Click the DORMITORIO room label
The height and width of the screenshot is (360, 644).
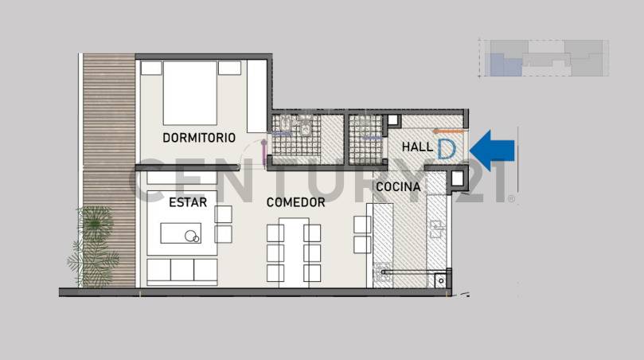pyautogui.click(x=199, y=137)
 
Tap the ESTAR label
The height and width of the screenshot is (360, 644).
pyautogui.click(x=188, y=202)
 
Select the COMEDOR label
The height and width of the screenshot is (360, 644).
pyautogui.click(x=295, y=202)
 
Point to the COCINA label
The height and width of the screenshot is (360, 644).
pyautogui.click(x=398, y=186)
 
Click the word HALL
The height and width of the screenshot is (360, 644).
pyautogui.click(x=417, y=147)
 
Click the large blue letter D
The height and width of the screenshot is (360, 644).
pyautogui.click(x=447, y=148)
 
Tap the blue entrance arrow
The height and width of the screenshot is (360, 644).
pyautogui.click(x=493, y=149)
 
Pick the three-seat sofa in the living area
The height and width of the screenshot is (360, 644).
pyautogui.click(x=182, y=271)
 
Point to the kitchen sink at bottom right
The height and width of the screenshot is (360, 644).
pyautogui.click(x=440, y=279)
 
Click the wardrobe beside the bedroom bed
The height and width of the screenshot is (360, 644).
pyautogui.click(x=256, y=96)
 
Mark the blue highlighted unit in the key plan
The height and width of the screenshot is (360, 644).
pyautogui.click(x=501, y=65)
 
